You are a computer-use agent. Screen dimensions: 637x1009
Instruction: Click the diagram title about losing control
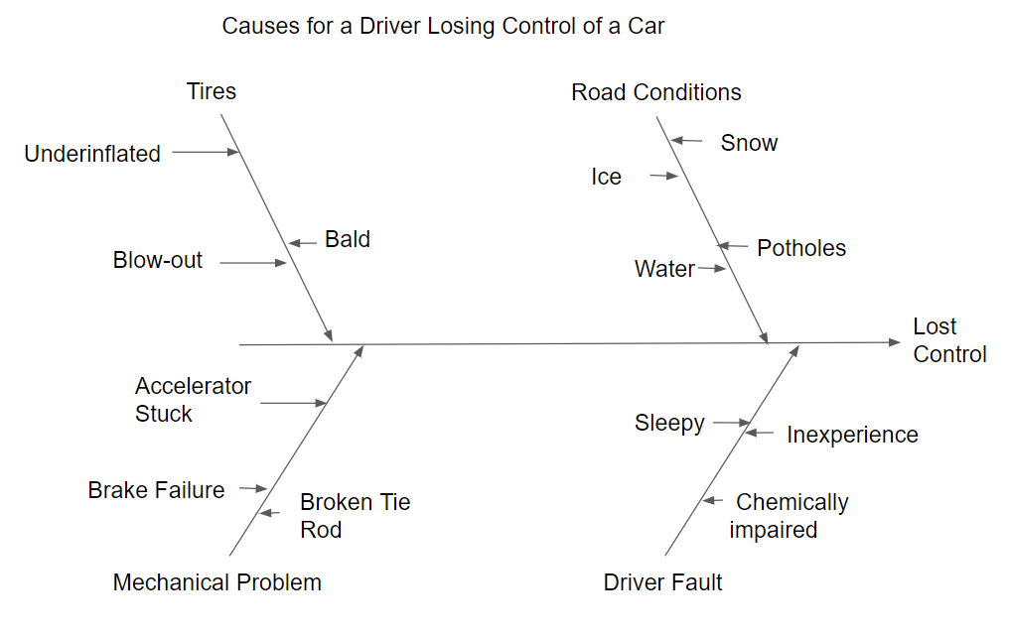[x=443, y=26]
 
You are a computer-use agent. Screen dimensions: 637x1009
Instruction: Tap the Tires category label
[x=212, y=91]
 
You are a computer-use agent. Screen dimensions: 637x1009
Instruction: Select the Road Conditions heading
[x=655, y=92]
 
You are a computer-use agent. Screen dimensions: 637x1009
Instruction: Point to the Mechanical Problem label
[x=216, y=582]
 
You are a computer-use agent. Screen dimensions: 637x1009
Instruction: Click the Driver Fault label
[x=662, y=582]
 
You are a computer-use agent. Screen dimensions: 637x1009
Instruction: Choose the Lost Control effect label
[x=949, y=340]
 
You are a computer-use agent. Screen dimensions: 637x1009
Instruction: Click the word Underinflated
[x=92, y=154]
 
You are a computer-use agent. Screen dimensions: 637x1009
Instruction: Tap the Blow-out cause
[x=157, y=260]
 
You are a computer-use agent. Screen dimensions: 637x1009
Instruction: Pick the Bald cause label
[x=348, y=239]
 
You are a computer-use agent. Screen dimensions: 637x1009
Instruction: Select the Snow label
[x=749, y=143]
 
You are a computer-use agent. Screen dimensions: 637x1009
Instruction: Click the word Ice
[x=606, y=177]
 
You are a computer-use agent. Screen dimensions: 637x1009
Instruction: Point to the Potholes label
[x=801, y=248]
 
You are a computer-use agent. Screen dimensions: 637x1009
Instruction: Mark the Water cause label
[x=664, y=269]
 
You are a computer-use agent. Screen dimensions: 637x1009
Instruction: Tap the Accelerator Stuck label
[x=193, y=400]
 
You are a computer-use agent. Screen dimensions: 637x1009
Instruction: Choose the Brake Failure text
[x=156, y=490]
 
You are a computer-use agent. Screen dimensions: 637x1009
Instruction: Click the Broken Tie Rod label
[x=355, y=516]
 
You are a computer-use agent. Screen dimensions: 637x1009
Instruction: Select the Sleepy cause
[x=669, y=424]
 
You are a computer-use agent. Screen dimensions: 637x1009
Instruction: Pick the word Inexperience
[x=852, y=435]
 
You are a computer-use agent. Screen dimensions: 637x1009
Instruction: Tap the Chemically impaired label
[x=789, y=516]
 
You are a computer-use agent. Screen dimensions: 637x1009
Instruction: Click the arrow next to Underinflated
[x=206, y=152]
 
